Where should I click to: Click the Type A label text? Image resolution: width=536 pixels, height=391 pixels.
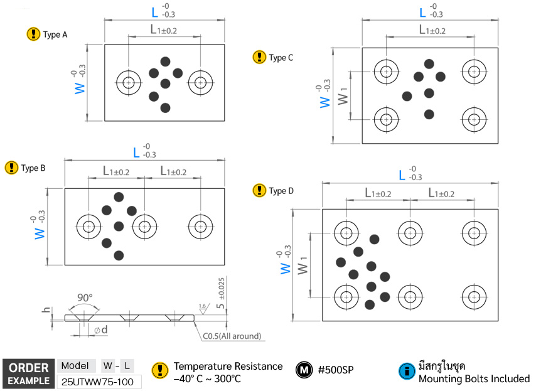coord(55,35)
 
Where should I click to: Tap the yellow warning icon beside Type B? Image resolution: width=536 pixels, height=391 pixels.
coord(11,168)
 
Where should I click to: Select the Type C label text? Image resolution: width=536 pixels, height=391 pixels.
coord(281,58)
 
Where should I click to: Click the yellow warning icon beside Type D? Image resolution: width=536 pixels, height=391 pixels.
coord(259,190)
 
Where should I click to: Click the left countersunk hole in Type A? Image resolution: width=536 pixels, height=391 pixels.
coord(129,82)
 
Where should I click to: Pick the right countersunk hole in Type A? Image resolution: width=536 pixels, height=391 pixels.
coord(200,82)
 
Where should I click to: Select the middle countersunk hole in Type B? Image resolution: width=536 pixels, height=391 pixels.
coord(144,225)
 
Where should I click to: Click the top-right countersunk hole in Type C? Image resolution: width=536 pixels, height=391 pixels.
coord(473,70)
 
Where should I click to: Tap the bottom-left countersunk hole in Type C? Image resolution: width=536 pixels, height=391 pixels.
coord(386,119)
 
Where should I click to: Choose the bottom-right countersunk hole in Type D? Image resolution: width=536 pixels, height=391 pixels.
coord(473,296)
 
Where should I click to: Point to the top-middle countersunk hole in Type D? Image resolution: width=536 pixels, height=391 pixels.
coord(409,232)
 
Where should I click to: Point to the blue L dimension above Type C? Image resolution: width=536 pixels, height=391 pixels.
coord(422,13)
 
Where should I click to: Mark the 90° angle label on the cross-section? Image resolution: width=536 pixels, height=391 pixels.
coord(84,297)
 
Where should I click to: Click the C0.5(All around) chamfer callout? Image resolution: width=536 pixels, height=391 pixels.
coord(231,336)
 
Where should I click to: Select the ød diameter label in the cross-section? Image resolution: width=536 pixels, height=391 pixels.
coord(100,329)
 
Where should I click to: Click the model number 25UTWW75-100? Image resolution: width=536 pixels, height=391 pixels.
coord(98,381)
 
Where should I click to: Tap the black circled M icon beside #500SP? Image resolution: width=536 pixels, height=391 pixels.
coord(304,370)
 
